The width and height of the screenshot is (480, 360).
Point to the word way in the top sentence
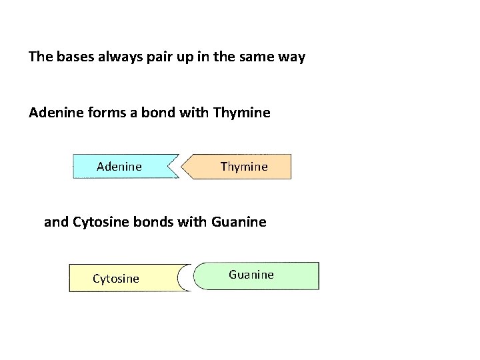click(291, 57)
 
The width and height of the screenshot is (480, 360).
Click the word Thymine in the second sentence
click(241, 113)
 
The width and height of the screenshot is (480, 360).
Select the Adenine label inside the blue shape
click(119, 166)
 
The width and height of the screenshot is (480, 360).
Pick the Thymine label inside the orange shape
click(244, 167)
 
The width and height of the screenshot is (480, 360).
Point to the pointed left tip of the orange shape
click(186, 167)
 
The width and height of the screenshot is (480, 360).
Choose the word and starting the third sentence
click(56, 221)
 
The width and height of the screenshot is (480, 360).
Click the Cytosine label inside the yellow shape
click(116, 279)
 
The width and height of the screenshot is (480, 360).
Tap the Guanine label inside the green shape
click(251, 275)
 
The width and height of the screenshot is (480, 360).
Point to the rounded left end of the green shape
click(197, 276)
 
